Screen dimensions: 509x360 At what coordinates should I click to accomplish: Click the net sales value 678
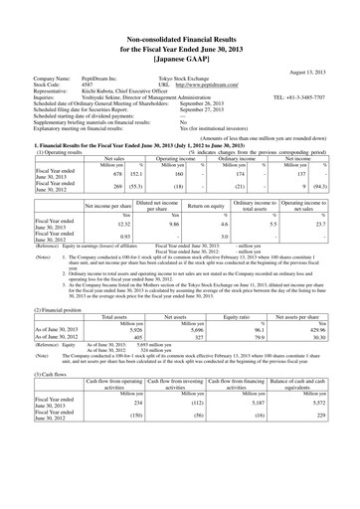click(x=89, y=172)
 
